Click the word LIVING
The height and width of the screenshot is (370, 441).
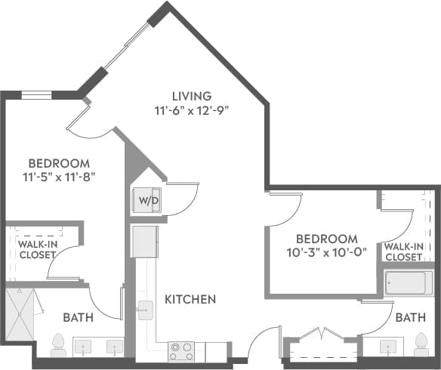click(x=191, y=96)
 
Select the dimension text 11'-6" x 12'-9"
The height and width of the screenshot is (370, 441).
click(x=191, y=110)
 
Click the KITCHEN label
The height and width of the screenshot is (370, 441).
click(x=190, y=300)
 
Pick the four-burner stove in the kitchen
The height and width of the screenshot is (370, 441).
click(x=181, y=351)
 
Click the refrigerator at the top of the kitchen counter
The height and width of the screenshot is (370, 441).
click(x=145, y=241)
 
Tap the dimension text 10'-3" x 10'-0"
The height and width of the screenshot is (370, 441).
click(x=327, y=253)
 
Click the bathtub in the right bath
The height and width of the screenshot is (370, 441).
click(x=408, y=284)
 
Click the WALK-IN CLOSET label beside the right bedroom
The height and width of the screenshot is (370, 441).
click(x=403, y=252)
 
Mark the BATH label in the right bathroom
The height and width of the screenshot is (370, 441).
click(x=411, y=319)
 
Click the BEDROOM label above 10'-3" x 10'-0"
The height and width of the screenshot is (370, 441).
click(x=327, y=238)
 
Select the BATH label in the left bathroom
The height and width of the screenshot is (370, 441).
click(x=78, y=318)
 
